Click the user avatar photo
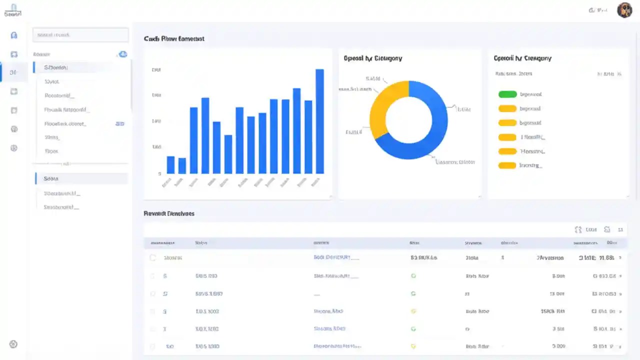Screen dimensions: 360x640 tap(624, 10)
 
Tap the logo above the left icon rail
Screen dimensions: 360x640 tap(13, 10)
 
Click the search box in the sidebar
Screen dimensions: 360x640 tap(80, 35)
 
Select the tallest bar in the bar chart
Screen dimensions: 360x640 tap(319, 121)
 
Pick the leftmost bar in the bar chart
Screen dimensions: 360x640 tap(170, 164)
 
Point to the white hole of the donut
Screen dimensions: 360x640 tap(408, 120)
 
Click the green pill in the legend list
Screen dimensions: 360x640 tap(507, 94)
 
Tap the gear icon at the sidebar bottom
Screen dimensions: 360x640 tap(13, 344)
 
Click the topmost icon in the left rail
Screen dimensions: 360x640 tap(14, 35)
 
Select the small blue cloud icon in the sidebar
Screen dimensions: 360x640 tap(122, 54)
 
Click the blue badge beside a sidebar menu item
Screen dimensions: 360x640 tap(119, 123)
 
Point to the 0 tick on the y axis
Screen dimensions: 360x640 tap(159, 173)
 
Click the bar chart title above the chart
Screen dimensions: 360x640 tap(173, 38)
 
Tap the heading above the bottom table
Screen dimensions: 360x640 tap(168, 213)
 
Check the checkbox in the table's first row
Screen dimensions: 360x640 tap(153, 258)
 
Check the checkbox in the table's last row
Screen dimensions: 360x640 tap(153, 346)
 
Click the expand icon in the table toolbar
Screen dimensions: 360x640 tap(578, 229)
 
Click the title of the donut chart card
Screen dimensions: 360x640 tap(372, 58)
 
